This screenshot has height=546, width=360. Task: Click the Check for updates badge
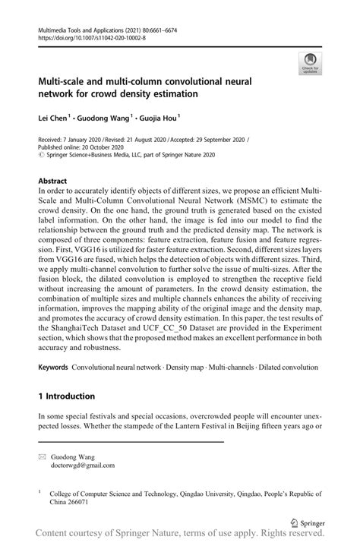[311, 63]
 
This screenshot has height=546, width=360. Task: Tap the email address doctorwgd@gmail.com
[84, 466]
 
